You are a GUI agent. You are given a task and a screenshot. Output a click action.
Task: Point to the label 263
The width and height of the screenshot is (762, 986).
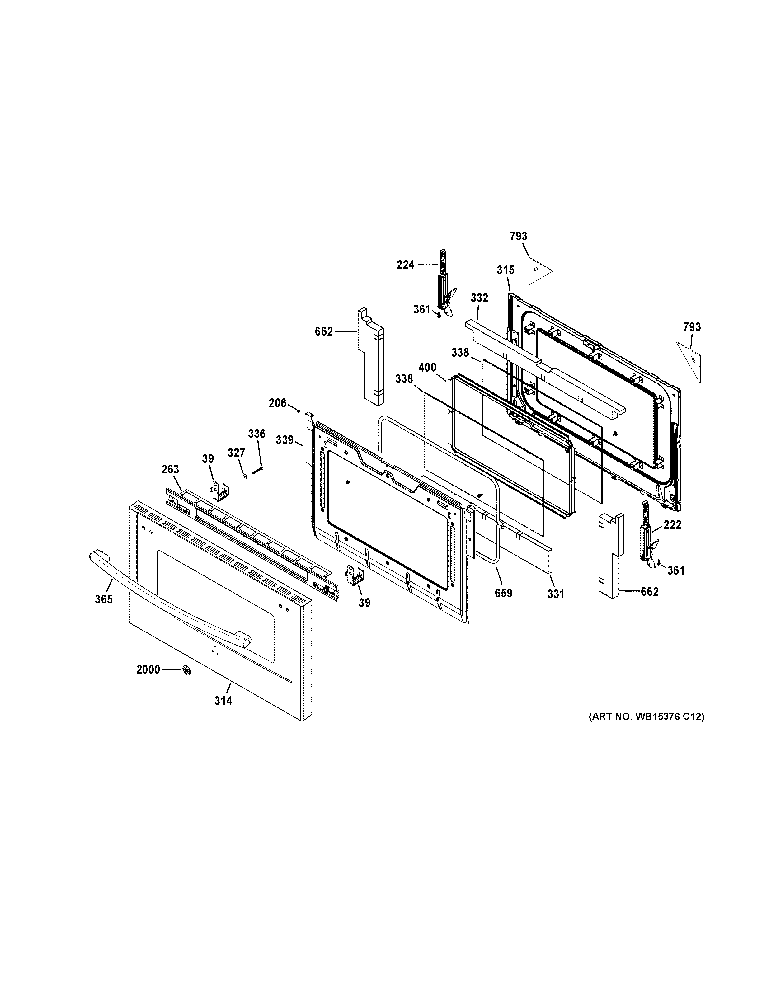point(170,470)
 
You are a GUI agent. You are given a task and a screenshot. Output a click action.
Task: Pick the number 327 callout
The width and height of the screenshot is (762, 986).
point(236,453)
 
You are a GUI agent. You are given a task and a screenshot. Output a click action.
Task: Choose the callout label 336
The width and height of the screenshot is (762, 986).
point(256,434)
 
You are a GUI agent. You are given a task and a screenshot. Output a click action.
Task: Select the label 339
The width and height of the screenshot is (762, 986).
point(285,440)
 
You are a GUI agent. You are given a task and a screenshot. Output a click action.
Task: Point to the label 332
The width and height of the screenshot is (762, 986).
point(479,298)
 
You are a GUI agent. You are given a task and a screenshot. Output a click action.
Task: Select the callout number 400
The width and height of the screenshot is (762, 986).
point(427,368)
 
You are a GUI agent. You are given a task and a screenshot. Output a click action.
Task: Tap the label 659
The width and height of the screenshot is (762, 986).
point(503,593)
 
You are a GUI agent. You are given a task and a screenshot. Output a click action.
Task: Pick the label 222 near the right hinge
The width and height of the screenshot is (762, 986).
point(672,525)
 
